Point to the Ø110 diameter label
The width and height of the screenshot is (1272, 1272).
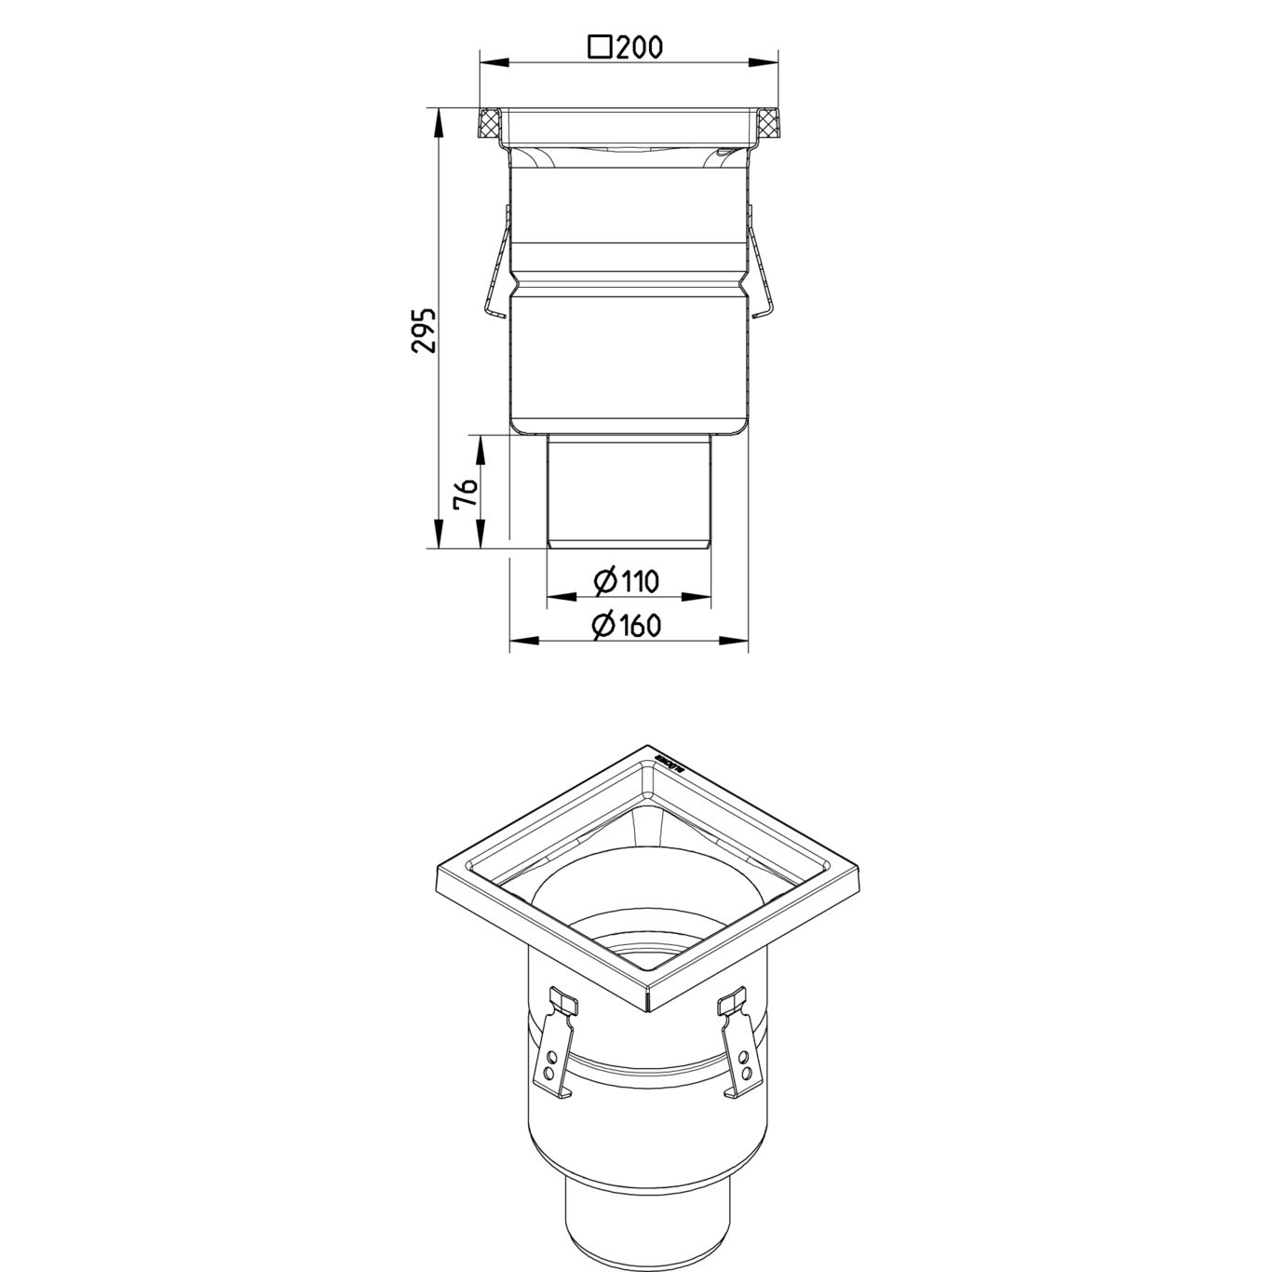pos(627,582)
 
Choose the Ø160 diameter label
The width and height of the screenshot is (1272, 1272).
pos(627,625)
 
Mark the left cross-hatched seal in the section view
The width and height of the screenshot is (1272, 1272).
pos(490,121)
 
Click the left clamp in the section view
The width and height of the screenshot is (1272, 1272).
pos(498,265)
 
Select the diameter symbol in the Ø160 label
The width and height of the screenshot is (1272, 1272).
pos(602,625)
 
